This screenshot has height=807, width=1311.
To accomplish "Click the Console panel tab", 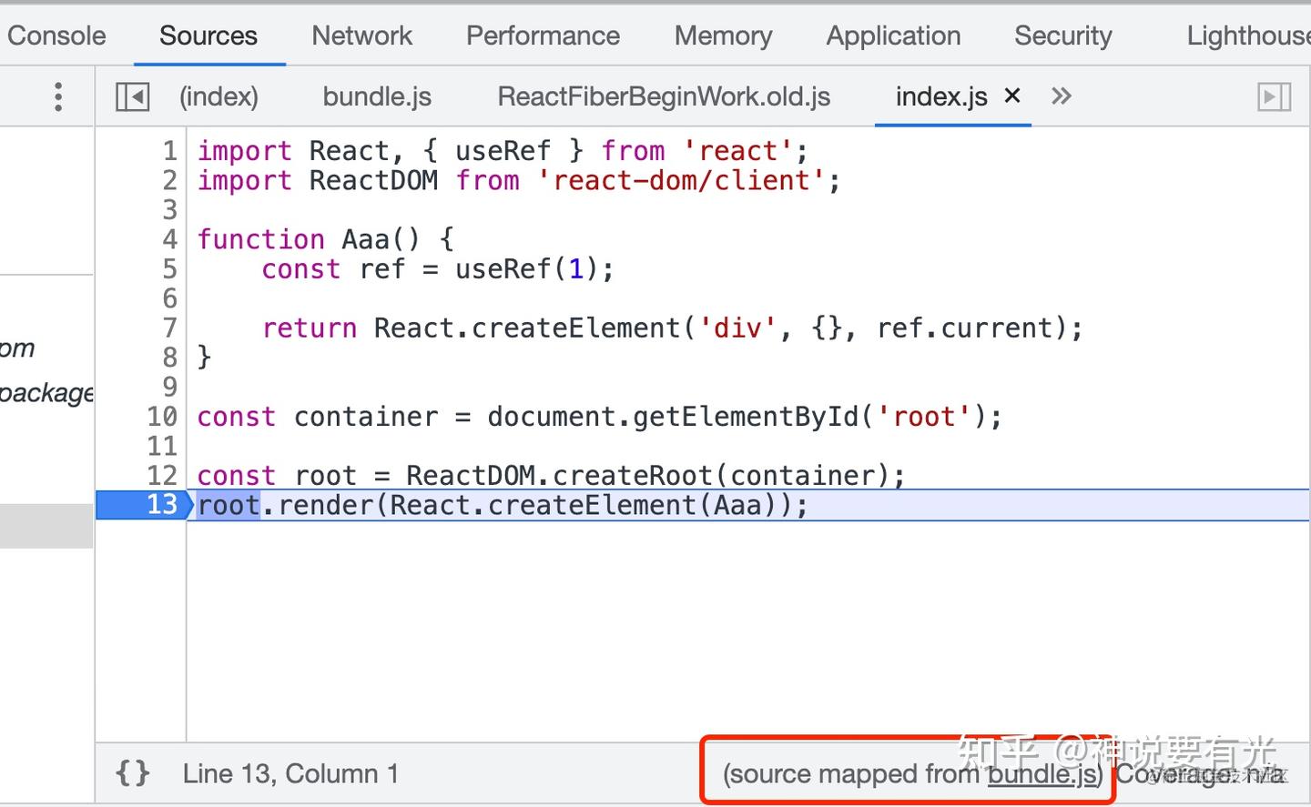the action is (x=56, y=35).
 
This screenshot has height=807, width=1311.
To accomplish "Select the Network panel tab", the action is (x=361, y=35).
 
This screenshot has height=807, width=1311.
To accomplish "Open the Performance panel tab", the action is (x=543, y=35).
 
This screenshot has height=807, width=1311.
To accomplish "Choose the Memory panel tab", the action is (x=723, y=35).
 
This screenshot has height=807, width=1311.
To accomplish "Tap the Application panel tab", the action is (x=893, y=35).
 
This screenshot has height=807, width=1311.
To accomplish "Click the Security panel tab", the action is (x=1062, y=35).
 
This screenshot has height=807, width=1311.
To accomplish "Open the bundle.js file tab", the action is (x=377, y=96).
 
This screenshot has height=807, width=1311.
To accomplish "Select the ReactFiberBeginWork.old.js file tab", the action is (x=664, y=96).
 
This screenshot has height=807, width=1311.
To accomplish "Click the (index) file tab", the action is (x=218, y=96).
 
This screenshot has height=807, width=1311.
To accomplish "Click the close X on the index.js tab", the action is (x=1011, y=96).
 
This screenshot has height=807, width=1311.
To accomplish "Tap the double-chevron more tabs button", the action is (x=1062, y=96).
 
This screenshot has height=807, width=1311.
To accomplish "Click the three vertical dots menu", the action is (x=58, y=96).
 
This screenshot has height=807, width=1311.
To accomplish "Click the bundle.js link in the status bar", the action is (x=1042, y=774).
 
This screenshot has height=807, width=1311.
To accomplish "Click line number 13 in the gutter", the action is (x=162, y=504).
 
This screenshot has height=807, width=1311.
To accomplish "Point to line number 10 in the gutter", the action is (x=162, y=417).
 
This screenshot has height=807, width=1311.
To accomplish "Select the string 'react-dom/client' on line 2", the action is (x=681, y=180).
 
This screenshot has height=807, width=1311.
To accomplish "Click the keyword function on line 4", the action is (x=260, y=239).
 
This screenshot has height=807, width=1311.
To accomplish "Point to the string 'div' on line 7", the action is (x=737, y=328).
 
